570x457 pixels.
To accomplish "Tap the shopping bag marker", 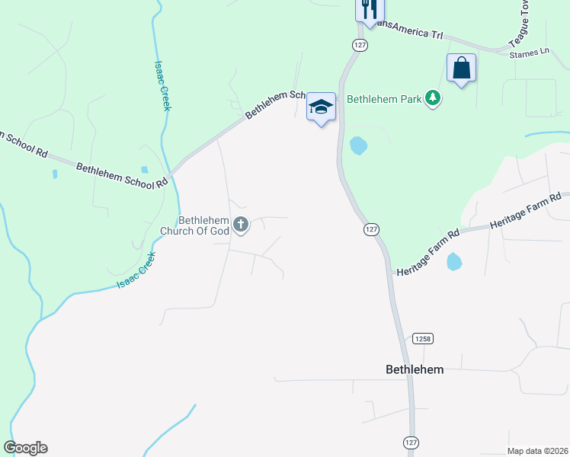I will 461,69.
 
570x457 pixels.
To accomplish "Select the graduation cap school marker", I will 321,107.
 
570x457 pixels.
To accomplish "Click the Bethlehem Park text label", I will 385,98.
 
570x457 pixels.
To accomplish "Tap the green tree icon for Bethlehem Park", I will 433,98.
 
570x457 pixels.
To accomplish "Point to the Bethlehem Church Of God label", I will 194,225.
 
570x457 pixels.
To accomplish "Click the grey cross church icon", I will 241,224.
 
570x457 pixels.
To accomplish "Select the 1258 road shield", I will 423,337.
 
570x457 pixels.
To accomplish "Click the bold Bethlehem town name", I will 415,369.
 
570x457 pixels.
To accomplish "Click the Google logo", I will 25,448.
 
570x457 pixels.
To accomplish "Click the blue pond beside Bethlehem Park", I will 357,145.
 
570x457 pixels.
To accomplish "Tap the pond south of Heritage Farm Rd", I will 454,262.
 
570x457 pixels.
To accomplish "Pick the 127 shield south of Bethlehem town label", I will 411,442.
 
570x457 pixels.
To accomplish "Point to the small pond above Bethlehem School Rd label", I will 145,169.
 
